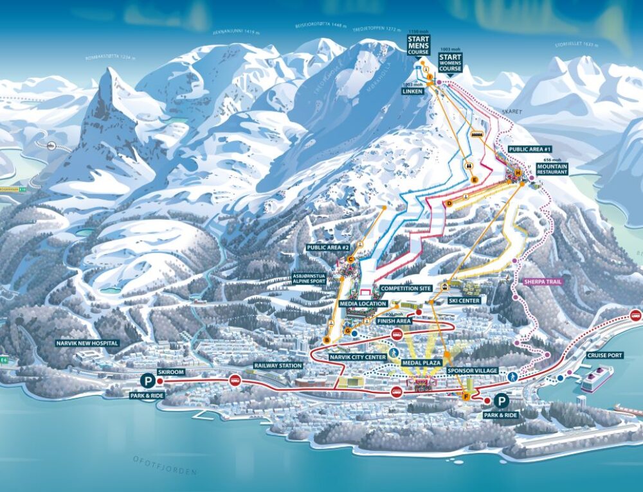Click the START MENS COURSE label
pos(419,44)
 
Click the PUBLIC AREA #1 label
pos(527,149)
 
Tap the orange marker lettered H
pos(518,173)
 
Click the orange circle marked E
pos(474,180)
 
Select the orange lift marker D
pos(449,204)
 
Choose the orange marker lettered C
pos(350,259)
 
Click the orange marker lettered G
pos(348,331)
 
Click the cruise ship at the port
pos(597,379)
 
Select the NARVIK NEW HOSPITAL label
pos(87,343)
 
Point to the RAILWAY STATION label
pos(278,365)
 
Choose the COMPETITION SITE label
pos(405,289)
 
